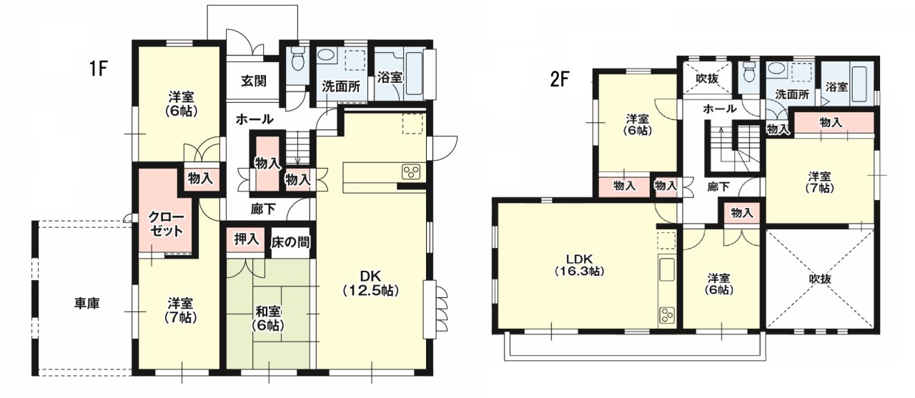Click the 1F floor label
[x=98, y=69]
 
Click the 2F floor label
[x=559, y=80]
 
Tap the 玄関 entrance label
[x=254, y=81]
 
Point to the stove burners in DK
[x=411, y=171]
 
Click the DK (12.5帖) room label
[x=370, y=282]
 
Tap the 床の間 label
[x=290, y=242]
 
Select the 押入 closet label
[x=247, y=239]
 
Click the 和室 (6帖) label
[x=268, y=319]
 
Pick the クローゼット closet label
[x=167, y=224]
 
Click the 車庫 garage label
[x=87, y=303]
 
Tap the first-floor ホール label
[x=254, y=119]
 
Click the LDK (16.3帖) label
[x=579, y=264]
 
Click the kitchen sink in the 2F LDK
[x=666, y=269]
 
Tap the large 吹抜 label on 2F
[x=820, y=279]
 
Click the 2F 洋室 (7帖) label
[x=820, y=182]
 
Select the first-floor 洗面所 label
[x=341, y=86]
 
